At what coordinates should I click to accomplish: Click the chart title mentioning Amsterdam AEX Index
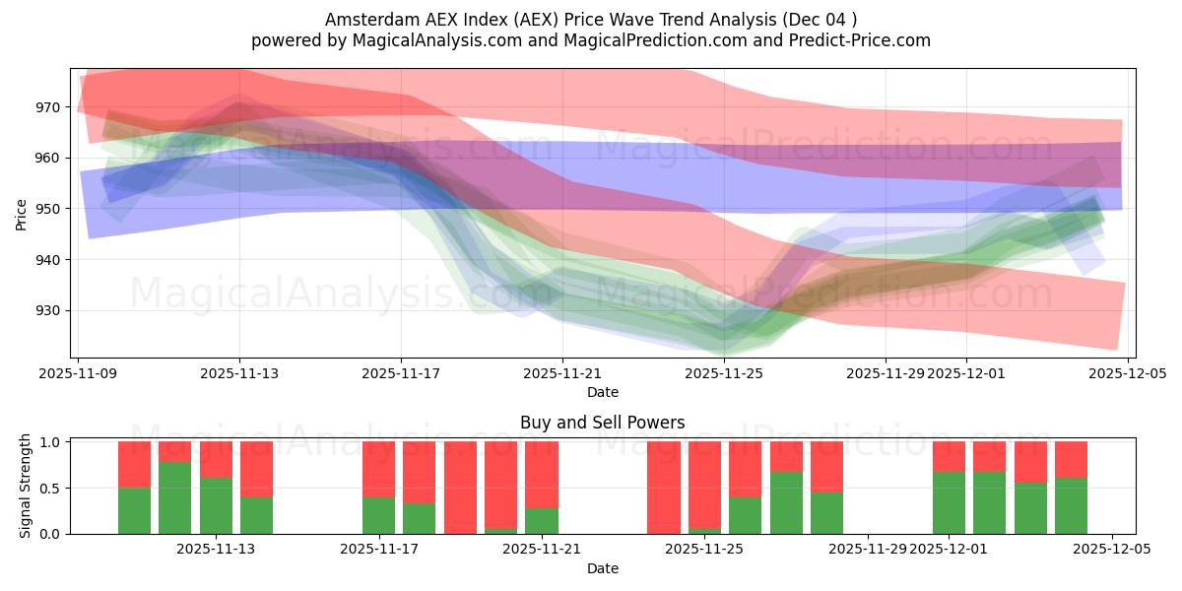tap(591, 19)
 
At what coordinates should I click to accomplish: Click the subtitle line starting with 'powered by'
tap(591, 40)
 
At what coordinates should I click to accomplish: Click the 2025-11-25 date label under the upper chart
tap(724, 373)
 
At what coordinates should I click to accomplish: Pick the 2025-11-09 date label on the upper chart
tap(79, 373)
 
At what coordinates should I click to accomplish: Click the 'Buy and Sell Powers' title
tap(603, 423)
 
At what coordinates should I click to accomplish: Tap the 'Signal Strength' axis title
tap(27, 487)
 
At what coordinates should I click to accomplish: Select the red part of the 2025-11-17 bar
tap(378, 469)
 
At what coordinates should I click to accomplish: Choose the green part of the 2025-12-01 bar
tap(949, 503)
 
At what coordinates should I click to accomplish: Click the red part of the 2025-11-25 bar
tap(704, 484)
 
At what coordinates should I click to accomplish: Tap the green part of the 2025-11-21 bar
tap(541, 521)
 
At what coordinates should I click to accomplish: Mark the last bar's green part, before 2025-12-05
tap(1071, 505)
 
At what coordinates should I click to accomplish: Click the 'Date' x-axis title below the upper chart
tap(603, 392)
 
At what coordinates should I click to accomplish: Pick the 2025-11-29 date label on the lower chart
tap(868, 550)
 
